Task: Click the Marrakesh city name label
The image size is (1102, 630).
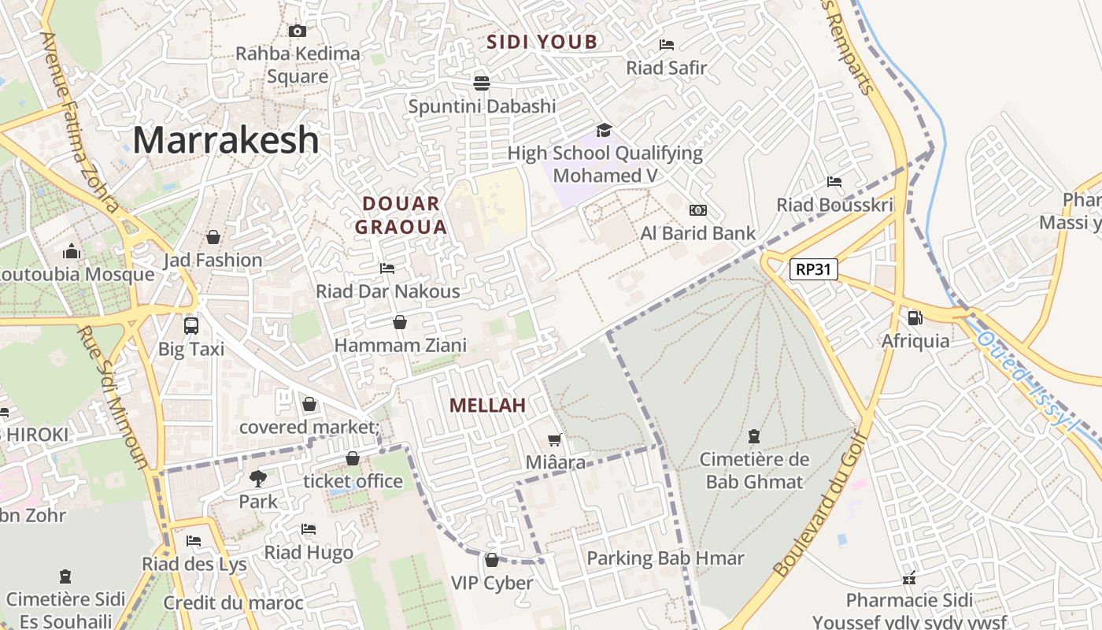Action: tap(226, 140)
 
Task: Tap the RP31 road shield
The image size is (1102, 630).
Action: tap(814, 270)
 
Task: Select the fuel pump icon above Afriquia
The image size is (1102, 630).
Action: tap(915, 318)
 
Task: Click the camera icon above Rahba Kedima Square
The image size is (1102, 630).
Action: tap(298, 31)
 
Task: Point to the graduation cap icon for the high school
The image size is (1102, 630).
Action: tap(604, 130)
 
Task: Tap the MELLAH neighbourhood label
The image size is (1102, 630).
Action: tap(487, 406)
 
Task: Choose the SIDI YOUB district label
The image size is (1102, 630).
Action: tap(542, 43)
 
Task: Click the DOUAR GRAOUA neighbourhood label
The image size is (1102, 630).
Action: tap(401, 216)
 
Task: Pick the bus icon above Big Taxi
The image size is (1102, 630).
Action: tap(190, 325)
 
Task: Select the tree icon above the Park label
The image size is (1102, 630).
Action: tap(257, 478)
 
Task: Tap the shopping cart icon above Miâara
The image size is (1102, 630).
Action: tap(555, 439)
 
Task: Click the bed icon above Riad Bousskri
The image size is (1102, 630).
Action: tap(834, 182)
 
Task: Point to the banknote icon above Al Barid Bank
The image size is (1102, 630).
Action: tap(697, 210)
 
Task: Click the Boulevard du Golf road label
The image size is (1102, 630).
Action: tap(822, 504)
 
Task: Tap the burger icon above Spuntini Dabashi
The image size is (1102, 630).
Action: tap(482, 83)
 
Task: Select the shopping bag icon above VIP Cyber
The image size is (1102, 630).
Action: tap(492, 560)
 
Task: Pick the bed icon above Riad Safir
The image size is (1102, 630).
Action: tap(667, 45)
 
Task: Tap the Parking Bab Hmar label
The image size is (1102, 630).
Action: tap(665, 558)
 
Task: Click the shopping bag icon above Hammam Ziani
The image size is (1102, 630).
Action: tap(400, 322)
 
